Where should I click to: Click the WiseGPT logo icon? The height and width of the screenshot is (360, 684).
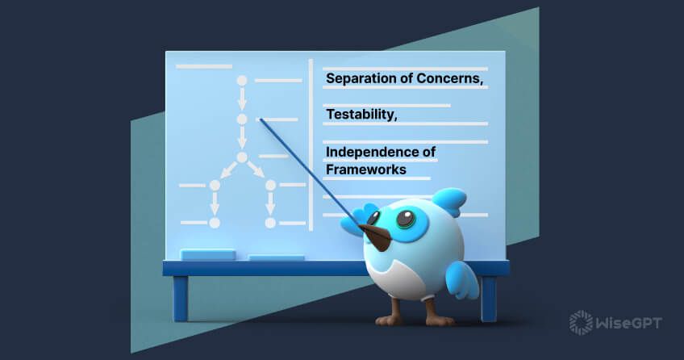point(580,322)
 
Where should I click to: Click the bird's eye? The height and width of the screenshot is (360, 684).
point(405,219)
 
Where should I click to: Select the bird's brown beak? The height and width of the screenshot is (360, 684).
point(377,235)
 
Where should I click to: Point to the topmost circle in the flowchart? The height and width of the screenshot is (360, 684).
point(241,80)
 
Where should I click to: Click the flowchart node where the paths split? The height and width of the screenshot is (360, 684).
point(241,157)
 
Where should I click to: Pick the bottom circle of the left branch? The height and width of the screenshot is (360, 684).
point(215,222)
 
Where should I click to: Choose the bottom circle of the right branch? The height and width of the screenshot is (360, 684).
point(270,222)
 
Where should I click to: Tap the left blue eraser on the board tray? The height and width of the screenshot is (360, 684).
point(208,254)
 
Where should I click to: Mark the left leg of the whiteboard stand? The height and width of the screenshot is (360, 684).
point(180,298)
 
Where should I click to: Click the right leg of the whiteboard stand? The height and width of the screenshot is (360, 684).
point(489,298)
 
